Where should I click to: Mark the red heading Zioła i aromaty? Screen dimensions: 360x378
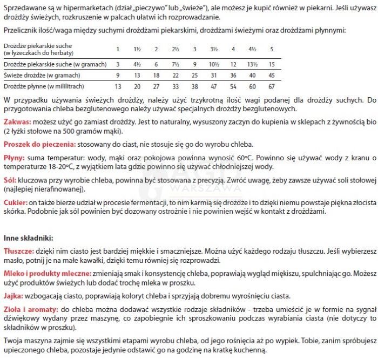(x=31, y=310)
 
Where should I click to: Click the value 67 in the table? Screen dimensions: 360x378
(x=272, y=86)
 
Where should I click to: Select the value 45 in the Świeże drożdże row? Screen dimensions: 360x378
(x=272, y=75)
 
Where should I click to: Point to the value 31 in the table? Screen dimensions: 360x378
(x=214, y=75)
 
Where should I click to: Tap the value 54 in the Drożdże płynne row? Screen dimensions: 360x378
(x=233, y=86)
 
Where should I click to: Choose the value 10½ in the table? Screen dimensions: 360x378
(x=214, y=64)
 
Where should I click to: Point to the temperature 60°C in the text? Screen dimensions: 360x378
(x=244, y=159)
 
